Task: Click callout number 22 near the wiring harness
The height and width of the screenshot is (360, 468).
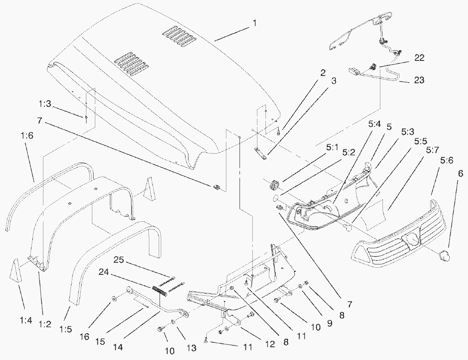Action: (419, 58)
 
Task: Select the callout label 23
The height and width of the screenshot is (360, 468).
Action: (419, 80)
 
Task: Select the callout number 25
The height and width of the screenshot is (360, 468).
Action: (120, 260)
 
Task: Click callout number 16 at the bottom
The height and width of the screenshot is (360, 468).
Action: (85, 337)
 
